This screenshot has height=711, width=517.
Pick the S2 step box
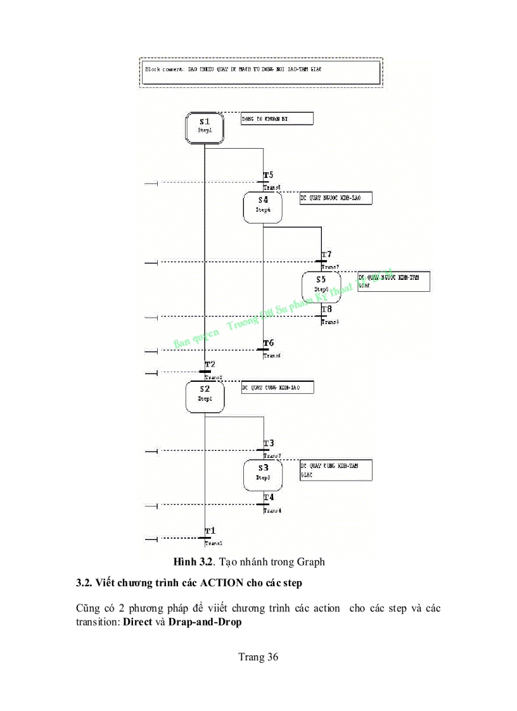(205, 396)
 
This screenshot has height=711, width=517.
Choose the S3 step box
(263, 475)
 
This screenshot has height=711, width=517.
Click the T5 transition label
(269, 175)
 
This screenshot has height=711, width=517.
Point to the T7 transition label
(327, 255)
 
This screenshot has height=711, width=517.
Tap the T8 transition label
(327, 310)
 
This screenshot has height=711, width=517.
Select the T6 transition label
(269, 343)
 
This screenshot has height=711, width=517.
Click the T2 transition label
(210, 365)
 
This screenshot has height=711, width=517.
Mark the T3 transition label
(269, 443)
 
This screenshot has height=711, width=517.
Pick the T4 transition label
(269, 498)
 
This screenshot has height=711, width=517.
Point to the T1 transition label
(210, 531)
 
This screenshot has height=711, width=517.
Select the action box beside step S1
(277, 118)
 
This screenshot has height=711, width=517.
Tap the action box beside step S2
(277, 387)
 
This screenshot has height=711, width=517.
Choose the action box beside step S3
(336, 470)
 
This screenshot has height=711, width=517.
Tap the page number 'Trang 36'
(258, 657)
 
